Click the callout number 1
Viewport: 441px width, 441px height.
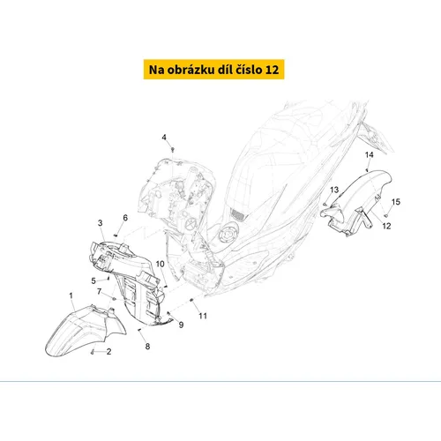(x=71, y=295)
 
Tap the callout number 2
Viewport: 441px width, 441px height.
(x=108, y=352)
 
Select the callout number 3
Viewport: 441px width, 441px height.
(x=101, y=223)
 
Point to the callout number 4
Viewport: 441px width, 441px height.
(x=164, y=138)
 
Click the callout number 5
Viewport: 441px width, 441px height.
(x=93, y=281)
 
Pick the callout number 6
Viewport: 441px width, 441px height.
(x=125, y=218)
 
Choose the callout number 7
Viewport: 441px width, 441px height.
(x=100, y=291)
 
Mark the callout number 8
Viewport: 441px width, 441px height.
(x=147, y=347)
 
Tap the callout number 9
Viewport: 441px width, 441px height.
(x=181, y=325)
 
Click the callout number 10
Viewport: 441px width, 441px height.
(x=161, y=264)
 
